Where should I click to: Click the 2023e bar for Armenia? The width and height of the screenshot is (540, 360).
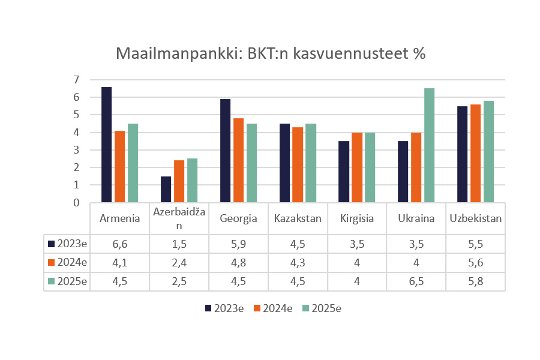coord(106,145)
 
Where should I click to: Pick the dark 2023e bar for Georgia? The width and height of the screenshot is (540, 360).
coord(226,151)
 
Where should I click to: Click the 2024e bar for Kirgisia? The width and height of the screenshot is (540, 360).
coord(357,167)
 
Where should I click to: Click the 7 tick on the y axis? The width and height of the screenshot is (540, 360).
coord(76,80)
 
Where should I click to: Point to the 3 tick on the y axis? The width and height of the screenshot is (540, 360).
coord(76,150)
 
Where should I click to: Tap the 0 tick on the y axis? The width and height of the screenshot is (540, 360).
coord(76,203)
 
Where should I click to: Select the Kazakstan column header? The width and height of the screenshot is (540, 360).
coord(297,218)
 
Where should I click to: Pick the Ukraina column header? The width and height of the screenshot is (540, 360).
coord(416,218)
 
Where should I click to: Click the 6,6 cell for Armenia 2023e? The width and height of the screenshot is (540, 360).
coord(119,244)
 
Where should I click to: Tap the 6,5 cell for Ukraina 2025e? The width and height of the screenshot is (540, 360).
coord(416,280)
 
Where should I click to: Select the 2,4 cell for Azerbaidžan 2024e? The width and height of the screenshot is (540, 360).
coord(179,262)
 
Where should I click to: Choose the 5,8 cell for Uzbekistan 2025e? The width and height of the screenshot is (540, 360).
coord(475,280)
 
